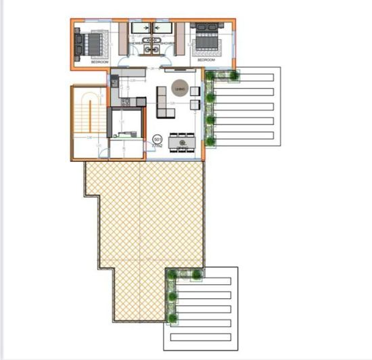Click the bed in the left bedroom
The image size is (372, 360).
[91, 44]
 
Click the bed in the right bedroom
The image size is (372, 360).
[206, 44]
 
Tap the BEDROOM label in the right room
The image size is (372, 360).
[206, 60]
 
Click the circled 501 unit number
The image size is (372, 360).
[158, 139]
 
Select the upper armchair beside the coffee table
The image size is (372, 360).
[195, 91]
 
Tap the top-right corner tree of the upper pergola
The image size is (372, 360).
[235, 76]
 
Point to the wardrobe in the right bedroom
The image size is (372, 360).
[181, 39]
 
